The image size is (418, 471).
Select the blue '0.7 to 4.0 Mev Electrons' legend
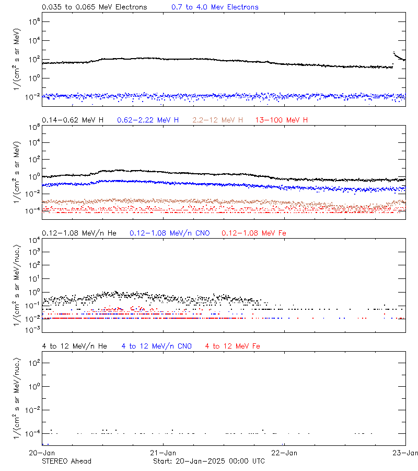(x=215, y=7)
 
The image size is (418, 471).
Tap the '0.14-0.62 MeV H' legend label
(x=73, y=120)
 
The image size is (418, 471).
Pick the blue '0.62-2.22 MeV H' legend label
(x=148, y=120)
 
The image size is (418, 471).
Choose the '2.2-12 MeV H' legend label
(x=218, y=120)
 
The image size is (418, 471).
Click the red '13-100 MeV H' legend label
(x=282, y=120)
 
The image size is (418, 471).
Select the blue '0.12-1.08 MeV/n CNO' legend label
(x=170, y=233)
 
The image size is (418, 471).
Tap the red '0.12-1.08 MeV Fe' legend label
(x=254, y=233)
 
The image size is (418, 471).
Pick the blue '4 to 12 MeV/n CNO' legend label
(x=157, y=346)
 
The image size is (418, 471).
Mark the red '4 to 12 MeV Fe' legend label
(x=233, y=346)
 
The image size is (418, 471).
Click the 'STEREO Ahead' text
(x=66, y=461)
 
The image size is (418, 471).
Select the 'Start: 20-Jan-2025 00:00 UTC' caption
(x=209, y=461)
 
